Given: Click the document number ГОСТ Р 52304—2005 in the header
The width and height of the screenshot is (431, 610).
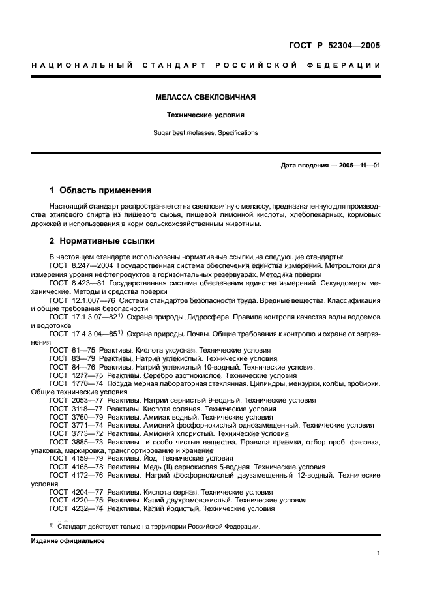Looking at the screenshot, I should [334, 45].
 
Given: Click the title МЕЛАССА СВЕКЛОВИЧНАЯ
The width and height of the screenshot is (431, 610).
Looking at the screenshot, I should [205, 97].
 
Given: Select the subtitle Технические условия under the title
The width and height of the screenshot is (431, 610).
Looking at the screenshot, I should [205, 115].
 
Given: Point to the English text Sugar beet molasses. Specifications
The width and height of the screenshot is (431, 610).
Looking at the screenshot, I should [205, 133].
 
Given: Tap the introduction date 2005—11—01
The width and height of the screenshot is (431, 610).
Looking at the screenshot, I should [359, 166].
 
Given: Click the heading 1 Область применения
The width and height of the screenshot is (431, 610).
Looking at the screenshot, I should [100, 191].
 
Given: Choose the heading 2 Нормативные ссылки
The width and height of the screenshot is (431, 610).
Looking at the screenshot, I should [102, 240].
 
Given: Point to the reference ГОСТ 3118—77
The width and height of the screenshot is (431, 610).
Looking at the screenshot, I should [76, 409].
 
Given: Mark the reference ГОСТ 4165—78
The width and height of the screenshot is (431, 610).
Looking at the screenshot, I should [76, 467].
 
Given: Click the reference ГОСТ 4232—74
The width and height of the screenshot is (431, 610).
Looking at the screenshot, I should [76, 509].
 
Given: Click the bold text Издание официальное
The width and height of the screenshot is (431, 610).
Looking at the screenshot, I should [67, 541].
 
